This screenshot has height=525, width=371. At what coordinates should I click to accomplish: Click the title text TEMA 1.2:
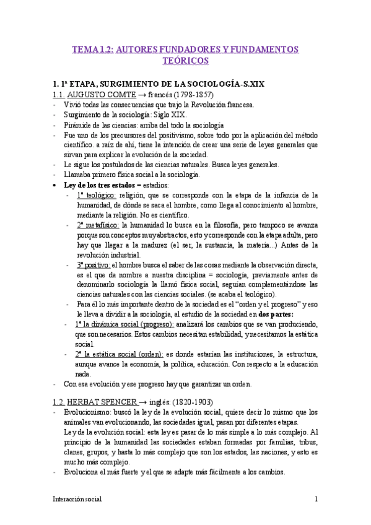click(x=92, y=49)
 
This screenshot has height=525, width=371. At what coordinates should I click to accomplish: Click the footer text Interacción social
click(x=77, y=499)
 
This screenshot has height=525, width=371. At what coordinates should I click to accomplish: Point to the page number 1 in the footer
click(x=316, y=499)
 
